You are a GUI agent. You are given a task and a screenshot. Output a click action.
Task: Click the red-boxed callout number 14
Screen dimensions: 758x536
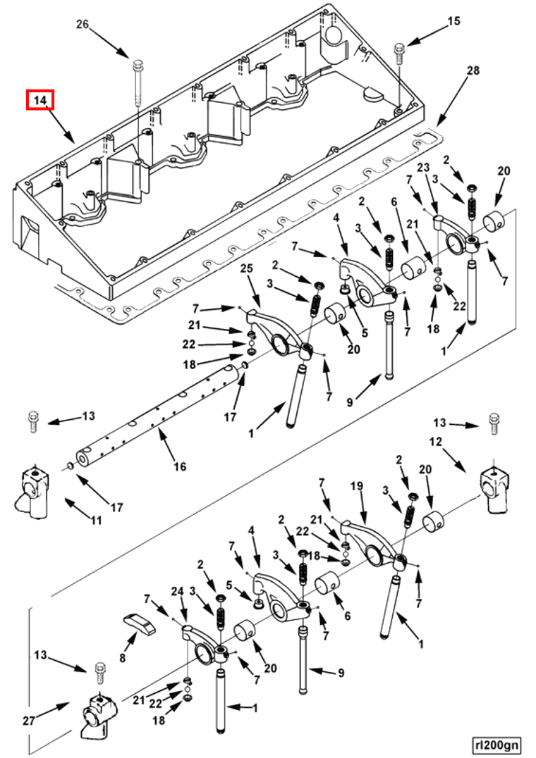click(41, 101)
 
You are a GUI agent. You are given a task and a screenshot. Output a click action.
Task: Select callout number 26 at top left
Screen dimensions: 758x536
click(83, 25)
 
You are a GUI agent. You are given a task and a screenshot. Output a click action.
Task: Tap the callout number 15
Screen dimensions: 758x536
click(453, 21)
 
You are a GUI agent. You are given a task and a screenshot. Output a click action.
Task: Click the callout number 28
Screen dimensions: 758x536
click(473, 70)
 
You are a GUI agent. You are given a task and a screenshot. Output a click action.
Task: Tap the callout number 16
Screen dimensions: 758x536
click(180, 466)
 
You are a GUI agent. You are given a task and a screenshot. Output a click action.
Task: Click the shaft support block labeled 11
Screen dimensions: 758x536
click(32, 490)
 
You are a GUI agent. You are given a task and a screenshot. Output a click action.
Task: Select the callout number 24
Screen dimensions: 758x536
click(178, 592)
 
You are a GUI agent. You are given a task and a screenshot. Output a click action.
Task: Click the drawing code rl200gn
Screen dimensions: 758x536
click(497, 744)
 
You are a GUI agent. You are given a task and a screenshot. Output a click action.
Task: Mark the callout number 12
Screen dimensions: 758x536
click(435, 442)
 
